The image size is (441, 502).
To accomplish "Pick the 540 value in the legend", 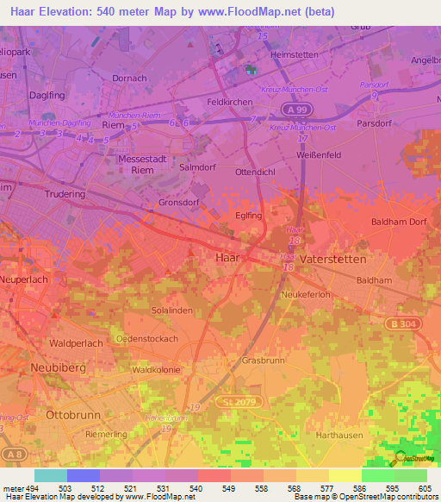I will point(197,487).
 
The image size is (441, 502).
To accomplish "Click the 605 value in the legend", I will point(426,487).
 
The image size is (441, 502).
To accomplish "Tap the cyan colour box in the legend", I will point(50,475).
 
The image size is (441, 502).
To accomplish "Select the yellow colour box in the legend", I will point(345,475).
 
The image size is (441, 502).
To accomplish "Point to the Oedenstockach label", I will point(152,337).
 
